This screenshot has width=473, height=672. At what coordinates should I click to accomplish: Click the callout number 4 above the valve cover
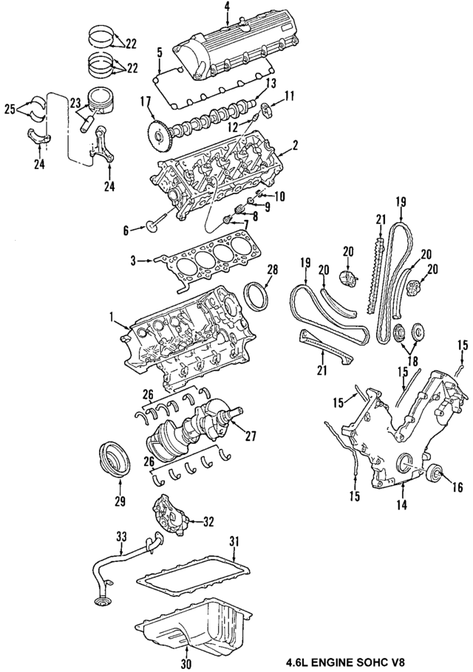click(227, 8)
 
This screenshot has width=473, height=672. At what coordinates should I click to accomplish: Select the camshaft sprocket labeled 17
click(156, 134)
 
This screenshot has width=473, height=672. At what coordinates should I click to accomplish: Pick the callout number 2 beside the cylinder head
click(294, 145)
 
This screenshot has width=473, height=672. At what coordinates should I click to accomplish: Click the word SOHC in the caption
click(373, 662)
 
